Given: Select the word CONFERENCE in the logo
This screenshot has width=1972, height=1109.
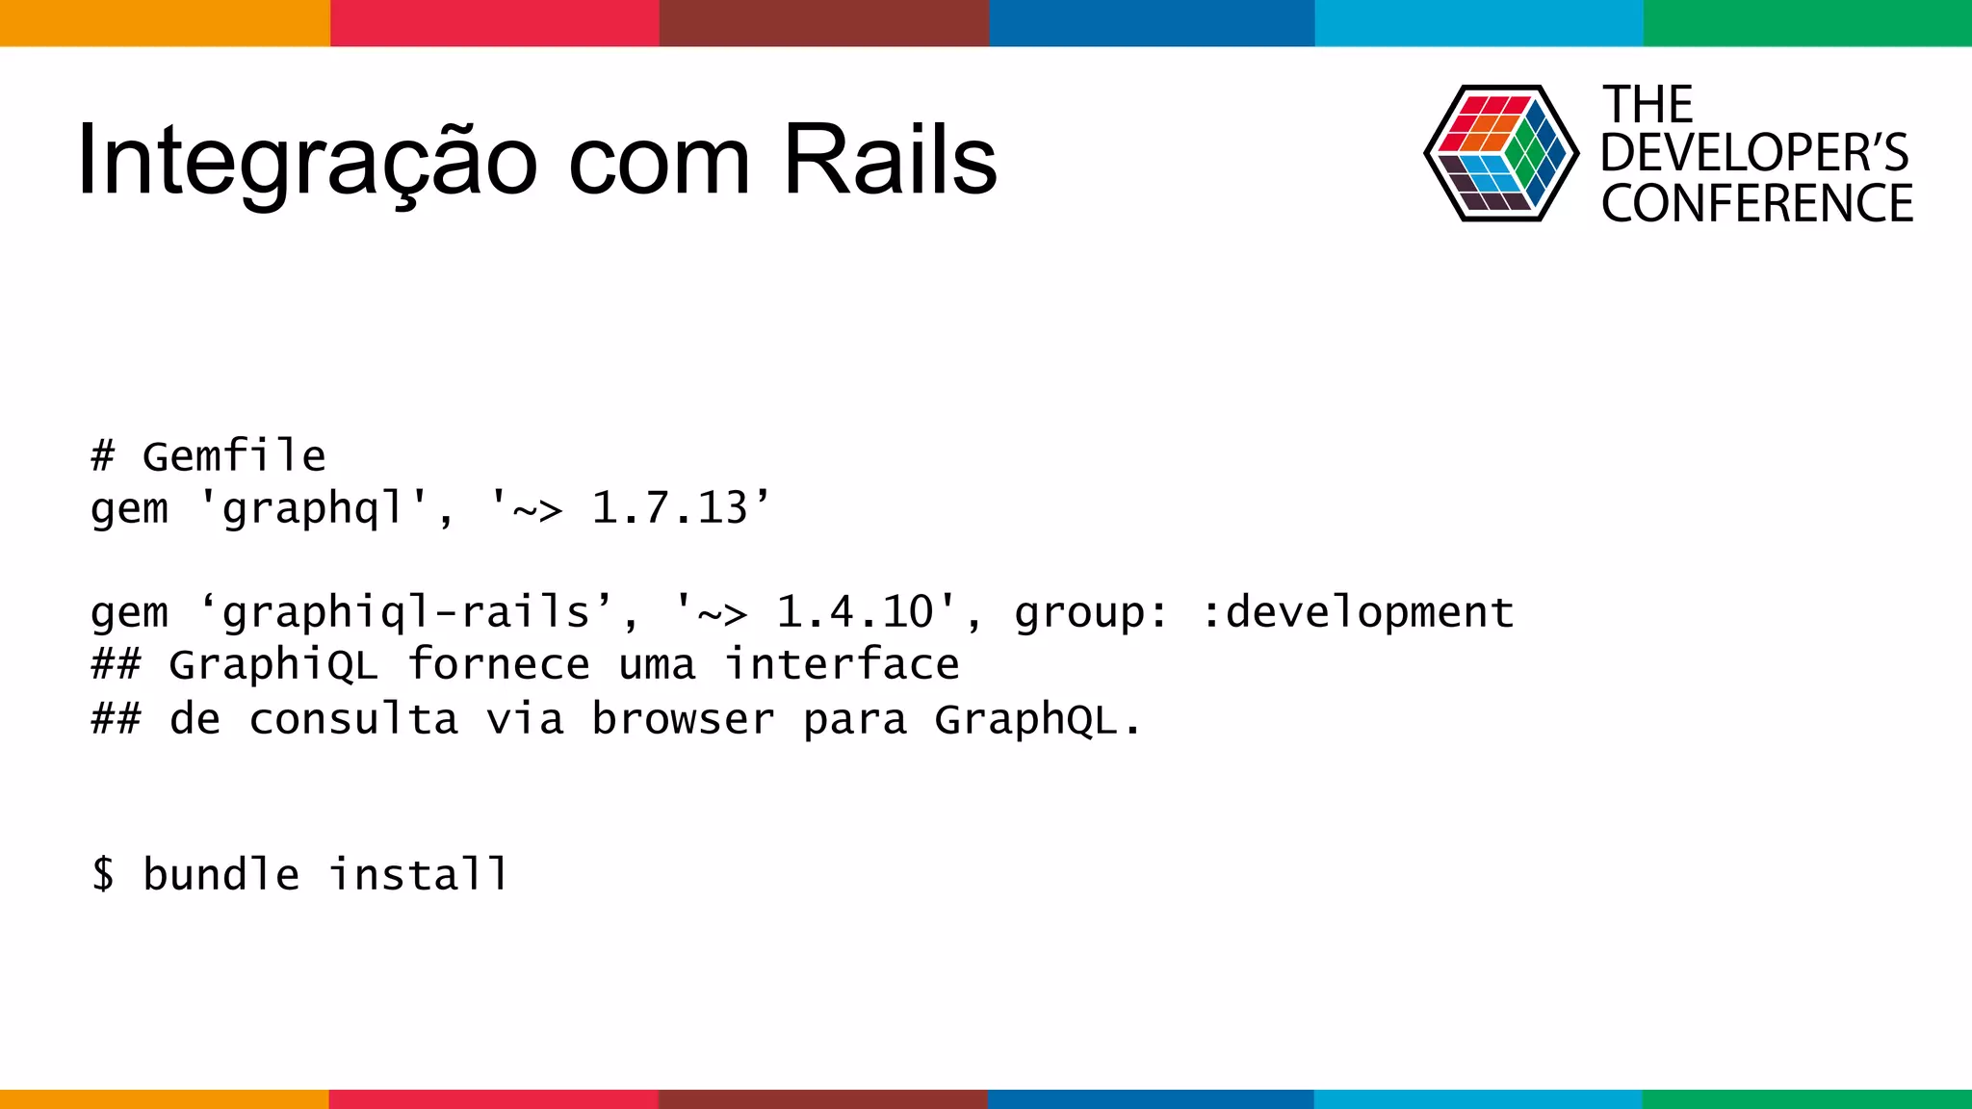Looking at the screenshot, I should (1756, 204).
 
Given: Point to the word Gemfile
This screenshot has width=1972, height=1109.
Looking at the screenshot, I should (234, 456).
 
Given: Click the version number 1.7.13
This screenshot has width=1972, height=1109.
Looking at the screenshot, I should (669, 508).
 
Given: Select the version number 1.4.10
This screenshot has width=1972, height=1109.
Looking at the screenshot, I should (855, 612).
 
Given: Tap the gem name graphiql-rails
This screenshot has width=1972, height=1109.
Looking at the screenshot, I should (405, 612).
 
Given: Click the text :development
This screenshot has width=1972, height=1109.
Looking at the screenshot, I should (1358, 612).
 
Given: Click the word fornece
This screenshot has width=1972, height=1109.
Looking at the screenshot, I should (498, 665).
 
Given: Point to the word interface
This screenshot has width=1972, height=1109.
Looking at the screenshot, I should (843, 665).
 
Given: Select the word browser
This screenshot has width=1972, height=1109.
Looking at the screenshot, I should (683, 719).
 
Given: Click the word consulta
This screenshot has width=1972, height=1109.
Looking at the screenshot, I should (352, 719).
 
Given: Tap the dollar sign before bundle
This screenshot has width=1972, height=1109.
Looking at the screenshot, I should (103, 874).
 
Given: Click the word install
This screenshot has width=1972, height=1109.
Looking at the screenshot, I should (418, 874).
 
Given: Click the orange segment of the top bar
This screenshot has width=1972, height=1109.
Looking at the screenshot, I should (164, 23).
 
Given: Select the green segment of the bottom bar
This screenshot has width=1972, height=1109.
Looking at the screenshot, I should (1806, 1098).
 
